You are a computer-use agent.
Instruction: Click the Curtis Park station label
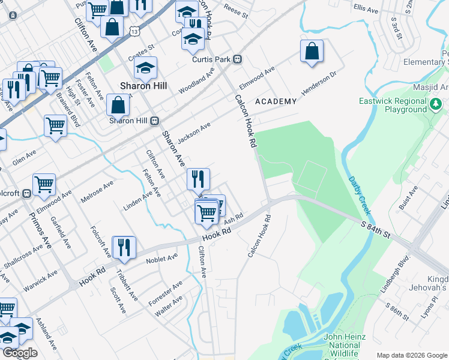pyautogui.click(x=212, y=59)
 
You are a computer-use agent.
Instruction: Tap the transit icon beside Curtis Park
pyautogui.click(x=238, y=59)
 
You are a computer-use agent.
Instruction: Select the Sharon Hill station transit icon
pyautogui.click(x=154, y=120)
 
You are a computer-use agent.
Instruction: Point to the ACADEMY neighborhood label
pyautogui.click(x=276, y=102)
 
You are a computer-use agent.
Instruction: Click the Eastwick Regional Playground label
pyautogui.click(x=393, y=106)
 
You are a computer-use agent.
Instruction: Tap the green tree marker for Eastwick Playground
pyautogui.click(x=437, y=106)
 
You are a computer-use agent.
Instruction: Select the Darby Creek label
pyautogui.click(x=360, y=196)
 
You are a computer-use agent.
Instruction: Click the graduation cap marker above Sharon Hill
pyautogui.click(x=145, y=68)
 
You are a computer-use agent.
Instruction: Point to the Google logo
pyautogui.click(x=20, y=353)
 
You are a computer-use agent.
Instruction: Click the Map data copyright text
pyautogui.click(x=412, y=355)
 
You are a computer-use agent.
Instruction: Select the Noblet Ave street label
pyautogui.click(x=163, y=258)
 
